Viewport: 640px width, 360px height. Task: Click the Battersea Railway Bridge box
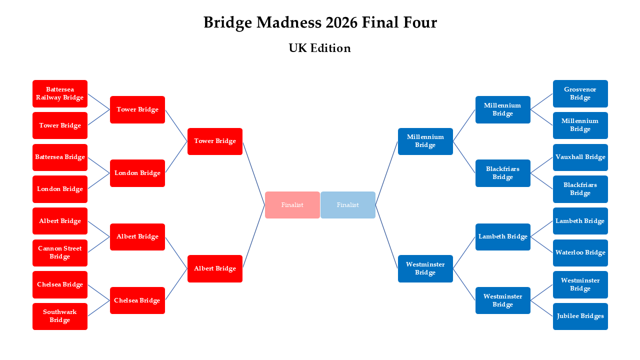tap(60, 93)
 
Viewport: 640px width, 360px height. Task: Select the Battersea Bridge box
tap(60, 157)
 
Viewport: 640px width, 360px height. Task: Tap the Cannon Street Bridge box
tap(60, 252)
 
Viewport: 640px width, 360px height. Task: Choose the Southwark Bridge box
tap(60, 316)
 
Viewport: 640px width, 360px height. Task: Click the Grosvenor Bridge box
tap(580, 93)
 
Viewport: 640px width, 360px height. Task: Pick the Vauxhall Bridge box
tap(580, 157)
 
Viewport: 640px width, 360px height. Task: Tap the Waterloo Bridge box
tap(580, 252)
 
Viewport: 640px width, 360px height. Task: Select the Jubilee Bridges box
tap(580, 316)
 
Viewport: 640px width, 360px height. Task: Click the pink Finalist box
tap(292, 205)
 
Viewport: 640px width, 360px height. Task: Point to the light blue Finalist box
tap(347, 205)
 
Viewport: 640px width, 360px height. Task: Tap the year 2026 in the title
tap(342, 22)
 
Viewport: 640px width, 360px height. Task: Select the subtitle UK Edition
tap(319, 48)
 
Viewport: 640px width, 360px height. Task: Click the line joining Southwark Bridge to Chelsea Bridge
tap(99, 308)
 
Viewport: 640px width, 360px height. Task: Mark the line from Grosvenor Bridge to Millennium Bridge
tap(541, 101)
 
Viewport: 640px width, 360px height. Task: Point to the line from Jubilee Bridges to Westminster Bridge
tap(541, 308)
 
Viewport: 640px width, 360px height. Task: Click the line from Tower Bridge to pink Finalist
tap(253, 173)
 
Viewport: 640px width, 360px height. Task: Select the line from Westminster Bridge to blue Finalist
tap(386, 236)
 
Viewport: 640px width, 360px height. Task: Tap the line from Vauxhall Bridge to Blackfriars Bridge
tap(541, 165)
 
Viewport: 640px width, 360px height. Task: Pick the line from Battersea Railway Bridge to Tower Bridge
tap(99, 101)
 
